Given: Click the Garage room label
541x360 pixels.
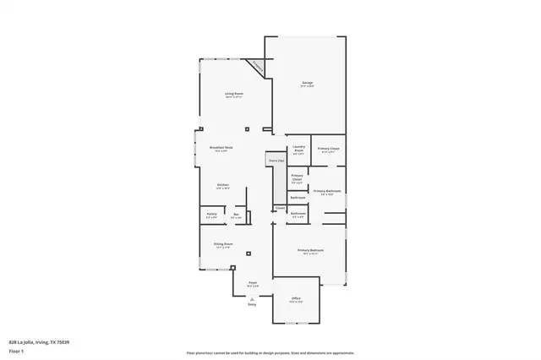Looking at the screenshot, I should pos(308,84).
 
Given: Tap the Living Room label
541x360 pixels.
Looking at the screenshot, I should pos(234,95).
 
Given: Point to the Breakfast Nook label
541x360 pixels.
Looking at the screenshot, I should pos(221,149).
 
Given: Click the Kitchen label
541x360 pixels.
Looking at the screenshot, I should pos(222,186).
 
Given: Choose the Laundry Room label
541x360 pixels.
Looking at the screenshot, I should pos(298,151).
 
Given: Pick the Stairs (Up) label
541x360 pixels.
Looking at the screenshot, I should pos(276,160).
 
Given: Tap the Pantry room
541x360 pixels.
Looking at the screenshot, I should pos(211,216).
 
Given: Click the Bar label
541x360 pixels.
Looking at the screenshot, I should pos(237,216).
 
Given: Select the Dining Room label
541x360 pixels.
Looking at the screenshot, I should pos(222,246).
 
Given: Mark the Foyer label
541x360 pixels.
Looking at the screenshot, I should pos(252,285).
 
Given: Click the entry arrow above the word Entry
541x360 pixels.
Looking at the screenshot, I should pos(252,297).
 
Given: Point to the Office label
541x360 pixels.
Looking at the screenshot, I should pos(296,300).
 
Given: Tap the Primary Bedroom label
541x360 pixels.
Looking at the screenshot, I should pos(310,252).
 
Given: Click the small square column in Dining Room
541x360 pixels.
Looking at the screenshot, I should pos(249,253).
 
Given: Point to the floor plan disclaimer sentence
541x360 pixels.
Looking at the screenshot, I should pos(270,352).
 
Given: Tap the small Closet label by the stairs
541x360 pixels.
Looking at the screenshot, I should pos(279,208).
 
